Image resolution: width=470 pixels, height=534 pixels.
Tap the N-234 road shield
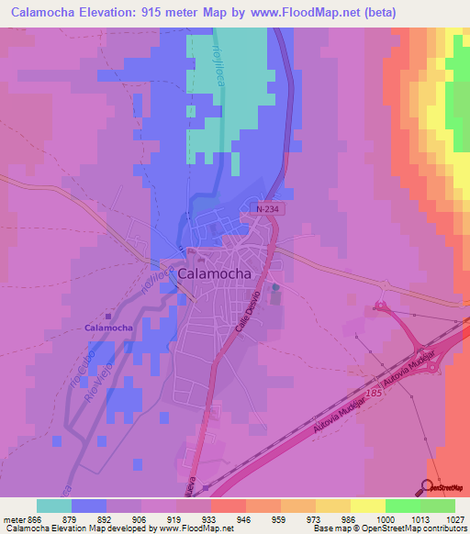pyautogui.click(x=264, y=209)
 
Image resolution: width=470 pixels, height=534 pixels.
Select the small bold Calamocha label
pyautogui.click(x=109, y=328)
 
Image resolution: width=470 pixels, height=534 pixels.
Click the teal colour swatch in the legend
pyautogui.click(x=54, y=506)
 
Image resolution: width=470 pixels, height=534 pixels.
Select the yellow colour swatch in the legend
pyautogui.click(x=367, y=506)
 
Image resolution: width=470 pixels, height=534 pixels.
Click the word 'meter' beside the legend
pyautogui.click(x=12, y=518)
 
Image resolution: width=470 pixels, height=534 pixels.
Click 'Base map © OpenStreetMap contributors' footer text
pyautogui.click(x=386, y=528)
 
